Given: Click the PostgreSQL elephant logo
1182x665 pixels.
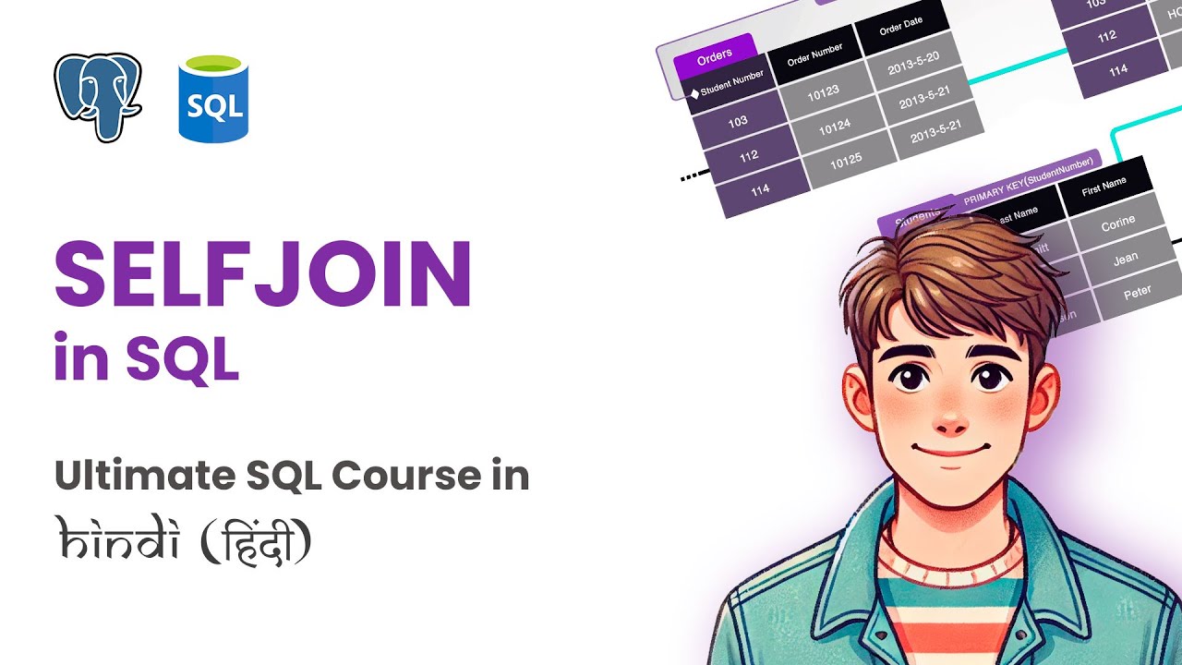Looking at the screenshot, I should tap(97, 97).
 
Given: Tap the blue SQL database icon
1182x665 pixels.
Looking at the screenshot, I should tap(213, 100).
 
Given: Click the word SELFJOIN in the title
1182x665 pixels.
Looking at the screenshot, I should tap(263, 273).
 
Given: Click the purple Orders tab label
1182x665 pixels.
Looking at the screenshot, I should tap(714, 57).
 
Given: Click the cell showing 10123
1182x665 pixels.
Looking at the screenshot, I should tap(823, 96).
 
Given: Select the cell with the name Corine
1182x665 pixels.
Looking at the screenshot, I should tap(1117, 224).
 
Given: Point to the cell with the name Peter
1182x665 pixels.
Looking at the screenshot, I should tap(1137, 293).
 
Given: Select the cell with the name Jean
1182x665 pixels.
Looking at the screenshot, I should tap(1125, 260).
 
